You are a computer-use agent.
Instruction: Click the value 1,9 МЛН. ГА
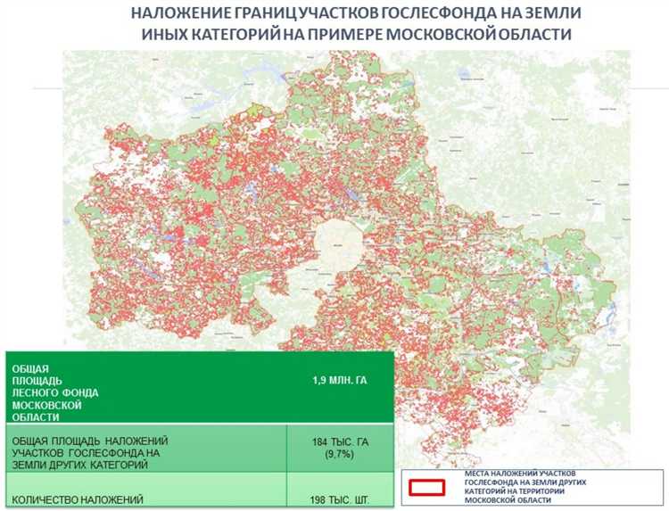(x=339, y=381)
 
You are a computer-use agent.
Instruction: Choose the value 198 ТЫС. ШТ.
(x=339, y=499)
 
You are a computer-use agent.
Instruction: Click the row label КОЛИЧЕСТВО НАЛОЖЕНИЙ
(x=75, y=499)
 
